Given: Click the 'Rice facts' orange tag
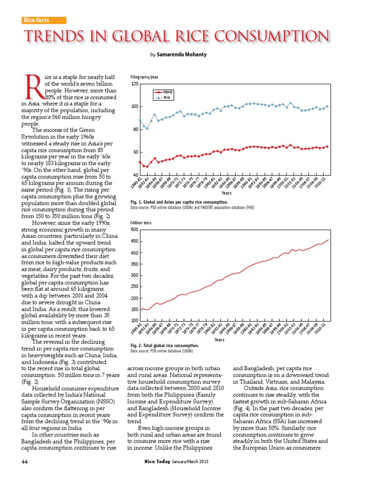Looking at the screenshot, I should [x=44, y=20].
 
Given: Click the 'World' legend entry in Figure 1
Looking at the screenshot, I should [x=168, y=92].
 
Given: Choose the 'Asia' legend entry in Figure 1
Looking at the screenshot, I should [x=167, y=97].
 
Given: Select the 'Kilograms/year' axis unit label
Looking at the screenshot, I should [x=144, y=77].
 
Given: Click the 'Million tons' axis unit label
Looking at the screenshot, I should [x=142, y=223].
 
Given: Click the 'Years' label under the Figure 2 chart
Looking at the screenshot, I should [x=219, y=339].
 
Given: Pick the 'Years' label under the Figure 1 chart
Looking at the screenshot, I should [x=227, y=193].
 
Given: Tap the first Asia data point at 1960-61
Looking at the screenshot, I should [x=140, y=119].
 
